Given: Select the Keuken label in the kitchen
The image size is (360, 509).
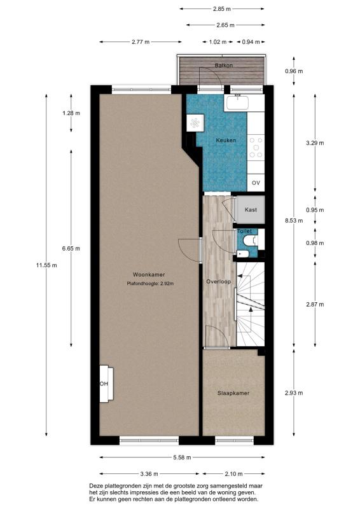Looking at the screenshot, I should tap(226, 140).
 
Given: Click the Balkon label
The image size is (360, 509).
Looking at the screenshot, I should tap(223, 66).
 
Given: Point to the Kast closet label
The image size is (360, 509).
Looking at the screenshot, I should tap(251, 209).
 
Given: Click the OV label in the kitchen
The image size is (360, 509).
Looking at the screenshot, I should tap(256, 183).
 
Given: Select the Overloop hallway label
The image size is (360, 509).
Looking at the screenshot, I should tap(219, 281).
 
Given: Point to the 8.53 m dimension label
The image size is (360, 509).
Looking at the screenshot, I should tap(293, 221).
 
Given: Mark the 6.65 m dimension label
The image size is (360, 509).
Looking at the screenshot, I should tap(71, 248).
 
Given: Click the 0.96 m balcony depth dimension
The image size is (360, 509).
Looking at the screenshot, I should tap(293, 71).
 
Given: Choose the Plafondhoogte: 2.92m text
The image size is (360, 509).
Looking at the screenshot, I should tap(150, 284).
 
